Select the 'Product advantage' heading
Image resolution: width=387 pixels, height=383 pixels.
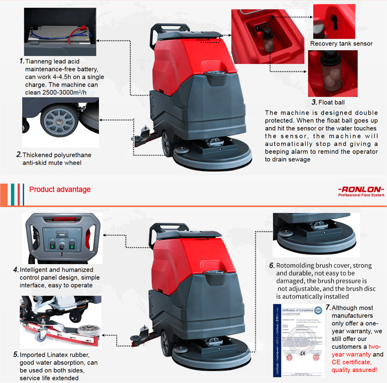[x=60, y=190]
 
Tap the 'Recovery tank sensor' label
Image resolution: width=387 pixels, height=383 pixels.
[x=341, y=44]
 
